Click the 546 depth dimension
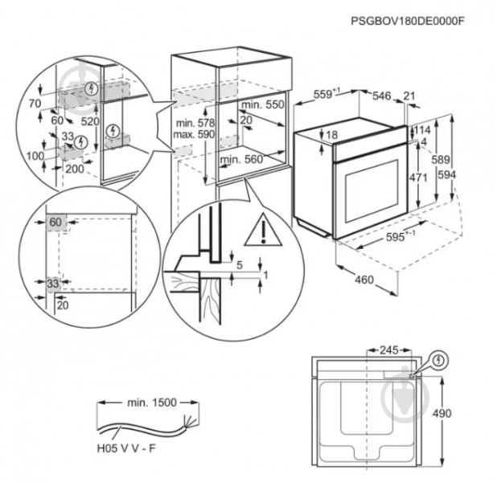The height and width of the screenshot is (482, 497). pos(381,96)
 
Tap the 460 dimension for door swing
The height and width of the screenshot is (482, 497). pos(364,280)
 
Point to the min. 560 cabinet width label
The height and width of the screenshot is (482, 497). pos(241,159)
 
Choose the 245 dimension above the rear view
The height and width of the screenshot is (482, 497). pos(389,350)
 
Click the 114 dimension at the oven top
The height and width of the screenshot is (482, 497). pos(423,129)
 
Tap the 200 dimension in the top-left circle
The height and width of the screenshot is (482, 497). pos(75,170)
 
